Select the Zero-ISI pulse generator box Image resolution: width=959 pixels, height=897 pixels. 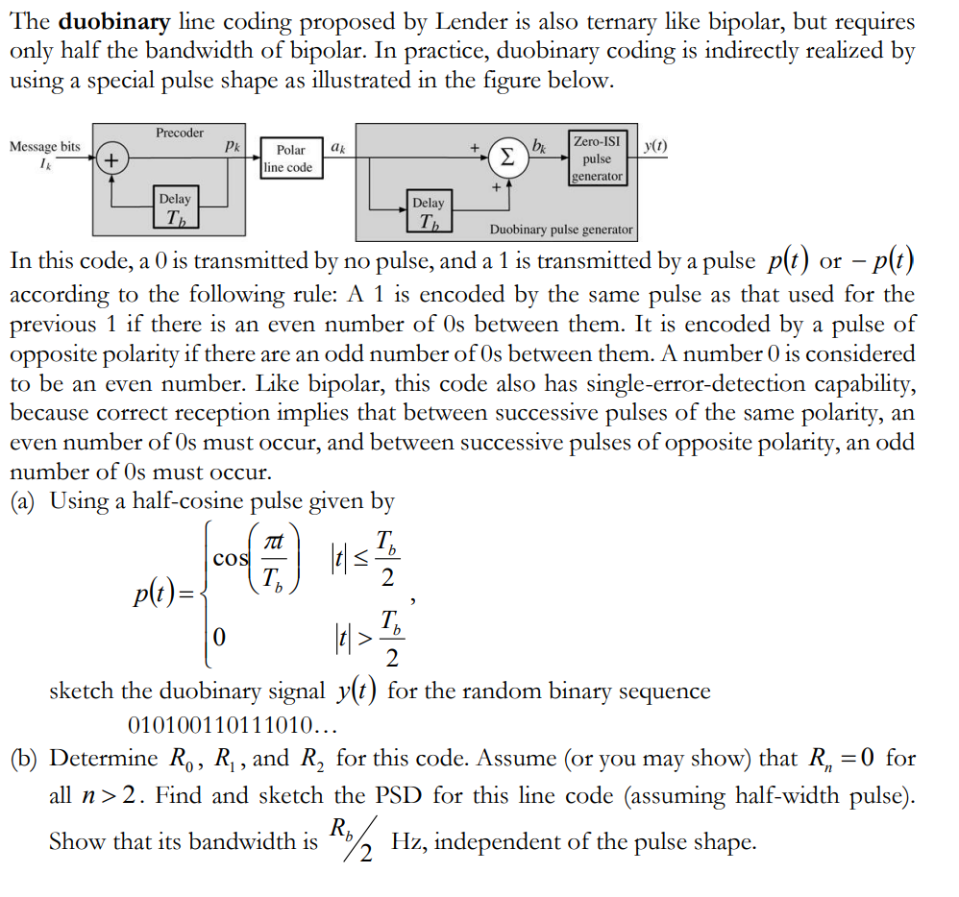tap(597, 158)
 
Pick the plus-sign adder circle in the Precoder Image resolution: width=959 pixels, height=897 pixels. tap(112, 158)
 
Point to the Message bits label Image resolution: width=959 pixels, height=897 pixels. tap(44, 146)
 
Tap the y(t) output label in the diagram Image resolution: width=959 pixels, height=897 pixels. tap(655, 146)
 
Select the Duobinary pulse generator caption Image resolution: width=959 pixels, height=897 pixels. tap(561, 230)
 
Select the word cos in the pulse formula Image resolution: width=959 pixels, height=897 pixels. tap(229, 558)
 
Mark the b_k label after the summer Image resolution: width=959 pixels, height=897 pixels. tap(541, 146)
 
